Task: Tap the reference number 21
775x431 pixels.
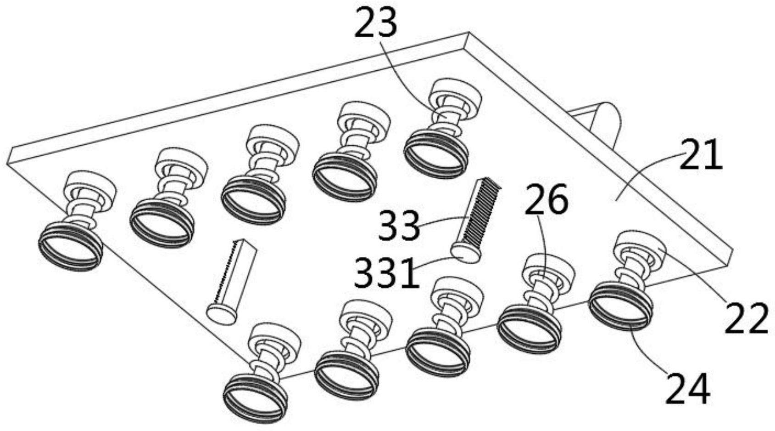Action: click(x=700, y=155)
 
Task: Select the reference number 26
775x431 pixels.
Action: click(x=546, y=199)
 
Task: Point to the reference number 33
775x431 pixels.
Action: click(x=399, y=226)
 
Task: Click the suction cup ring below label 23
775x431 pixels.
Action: click(x=436, y=154)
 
